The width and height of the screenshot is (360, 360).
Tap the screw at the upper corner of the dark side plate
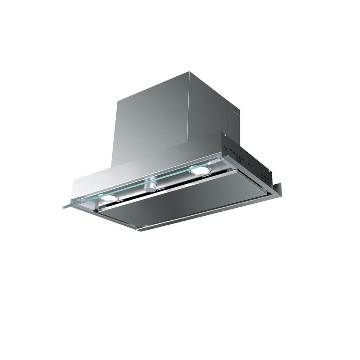point(225,136)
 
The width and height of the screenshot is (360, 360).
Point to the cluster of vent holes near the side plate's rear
point(264,178)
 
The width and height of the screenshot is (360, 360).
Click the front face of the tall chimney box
point(151,119)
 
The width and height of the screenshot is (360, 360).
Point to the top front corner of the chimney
point(189,73)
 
